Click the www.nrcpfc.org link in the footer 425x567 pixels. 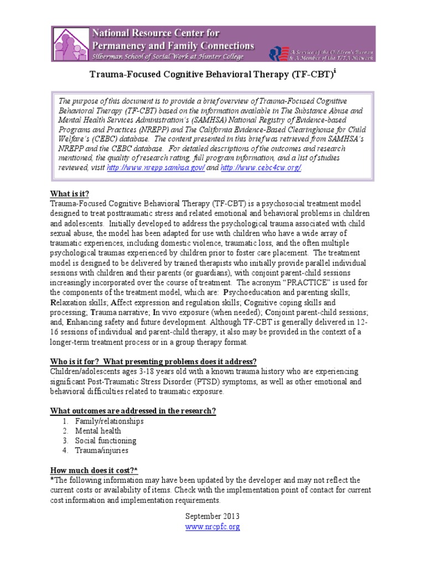click(x=212, y=527)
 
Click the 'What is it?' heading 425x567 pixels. click(x=70, y=194)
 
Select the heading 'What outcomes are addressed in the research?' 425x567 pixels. click(x=133, y=410)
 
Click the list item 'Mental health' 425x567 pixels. click(x=98, y=431)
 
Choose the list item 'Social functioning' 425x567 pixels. click(x=106, y=441)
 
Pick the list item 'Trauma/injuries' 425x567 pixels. click(x=101, y=451)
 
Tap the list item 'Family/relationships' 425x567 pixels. click(x=110, y=421)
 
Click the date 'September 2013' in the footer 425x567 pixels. click(x=212, y=516)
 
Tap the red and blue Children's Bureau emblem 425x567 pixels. click(x=277, y=53)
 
